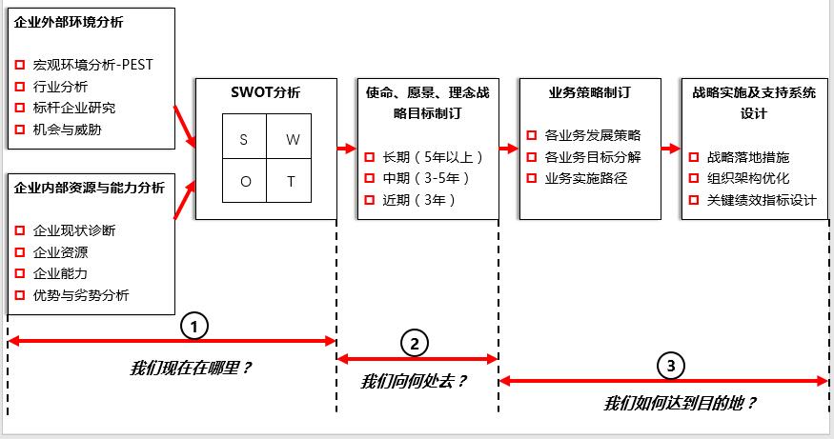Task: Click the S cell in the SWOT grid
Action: (x=244, y=138)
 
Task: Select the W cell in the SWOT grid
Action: (x=292, y=138)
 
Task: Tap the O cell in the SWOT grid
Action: (x=244, y=181)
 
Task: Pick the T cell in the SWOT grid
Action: (x=292, y=181)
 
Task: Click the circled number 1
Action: (x=194, y=326)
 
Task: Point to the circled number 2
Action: (x=415, y=343)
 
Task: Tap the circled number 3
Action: (x=671, y=365)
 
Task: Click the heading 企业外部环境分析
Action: (x=69, y=22)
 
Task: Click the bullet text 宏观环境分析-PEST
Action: (x=92, y=65)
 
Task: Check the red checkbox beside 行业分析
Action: (x=20, y=87)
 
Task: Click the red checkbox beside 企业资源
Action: (x=20, y=252)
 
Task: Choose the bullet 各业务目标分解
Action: (x=592, y=156)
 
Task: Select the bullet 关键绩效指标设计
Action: (x=762, y=199)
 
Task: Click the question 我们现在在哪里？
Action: (x=191, y=368)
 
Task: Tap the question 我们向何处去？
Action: (x=414, y=382)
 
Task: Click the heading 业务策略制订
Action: (x=589, y=92)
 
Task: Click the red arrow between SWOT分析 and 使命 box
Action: (x=345, y=149)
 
